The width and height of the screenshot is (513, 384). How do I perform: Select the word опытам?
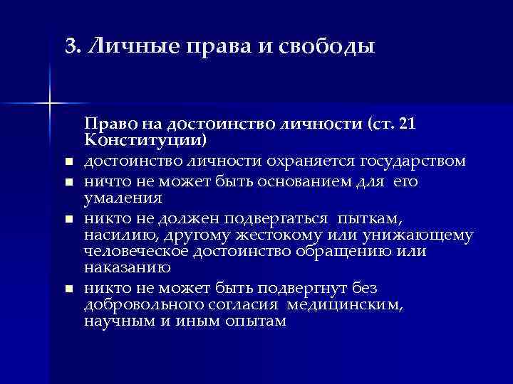[x=255, y=321]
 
